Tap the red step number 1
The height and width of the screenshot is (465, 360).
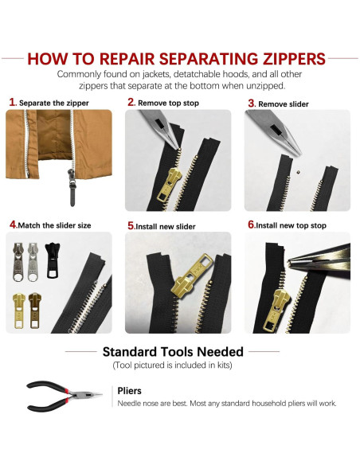[12, 102]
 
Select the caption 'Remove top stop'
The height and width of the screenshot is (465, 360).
[169, 103]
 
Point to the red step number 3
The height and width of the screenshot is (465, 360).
[251, 102]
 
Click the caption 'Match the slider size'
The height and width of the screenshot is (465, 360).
[54, 225]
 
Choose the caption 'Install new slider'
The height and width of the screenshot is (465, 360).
[166, 226]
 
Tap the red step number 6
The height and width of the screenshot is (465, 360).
[251, 225]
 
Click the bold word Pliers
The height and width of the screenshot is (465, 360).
[130, 391]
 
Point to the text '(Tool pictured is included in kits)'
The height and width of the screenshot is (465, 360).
[173, 365]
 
